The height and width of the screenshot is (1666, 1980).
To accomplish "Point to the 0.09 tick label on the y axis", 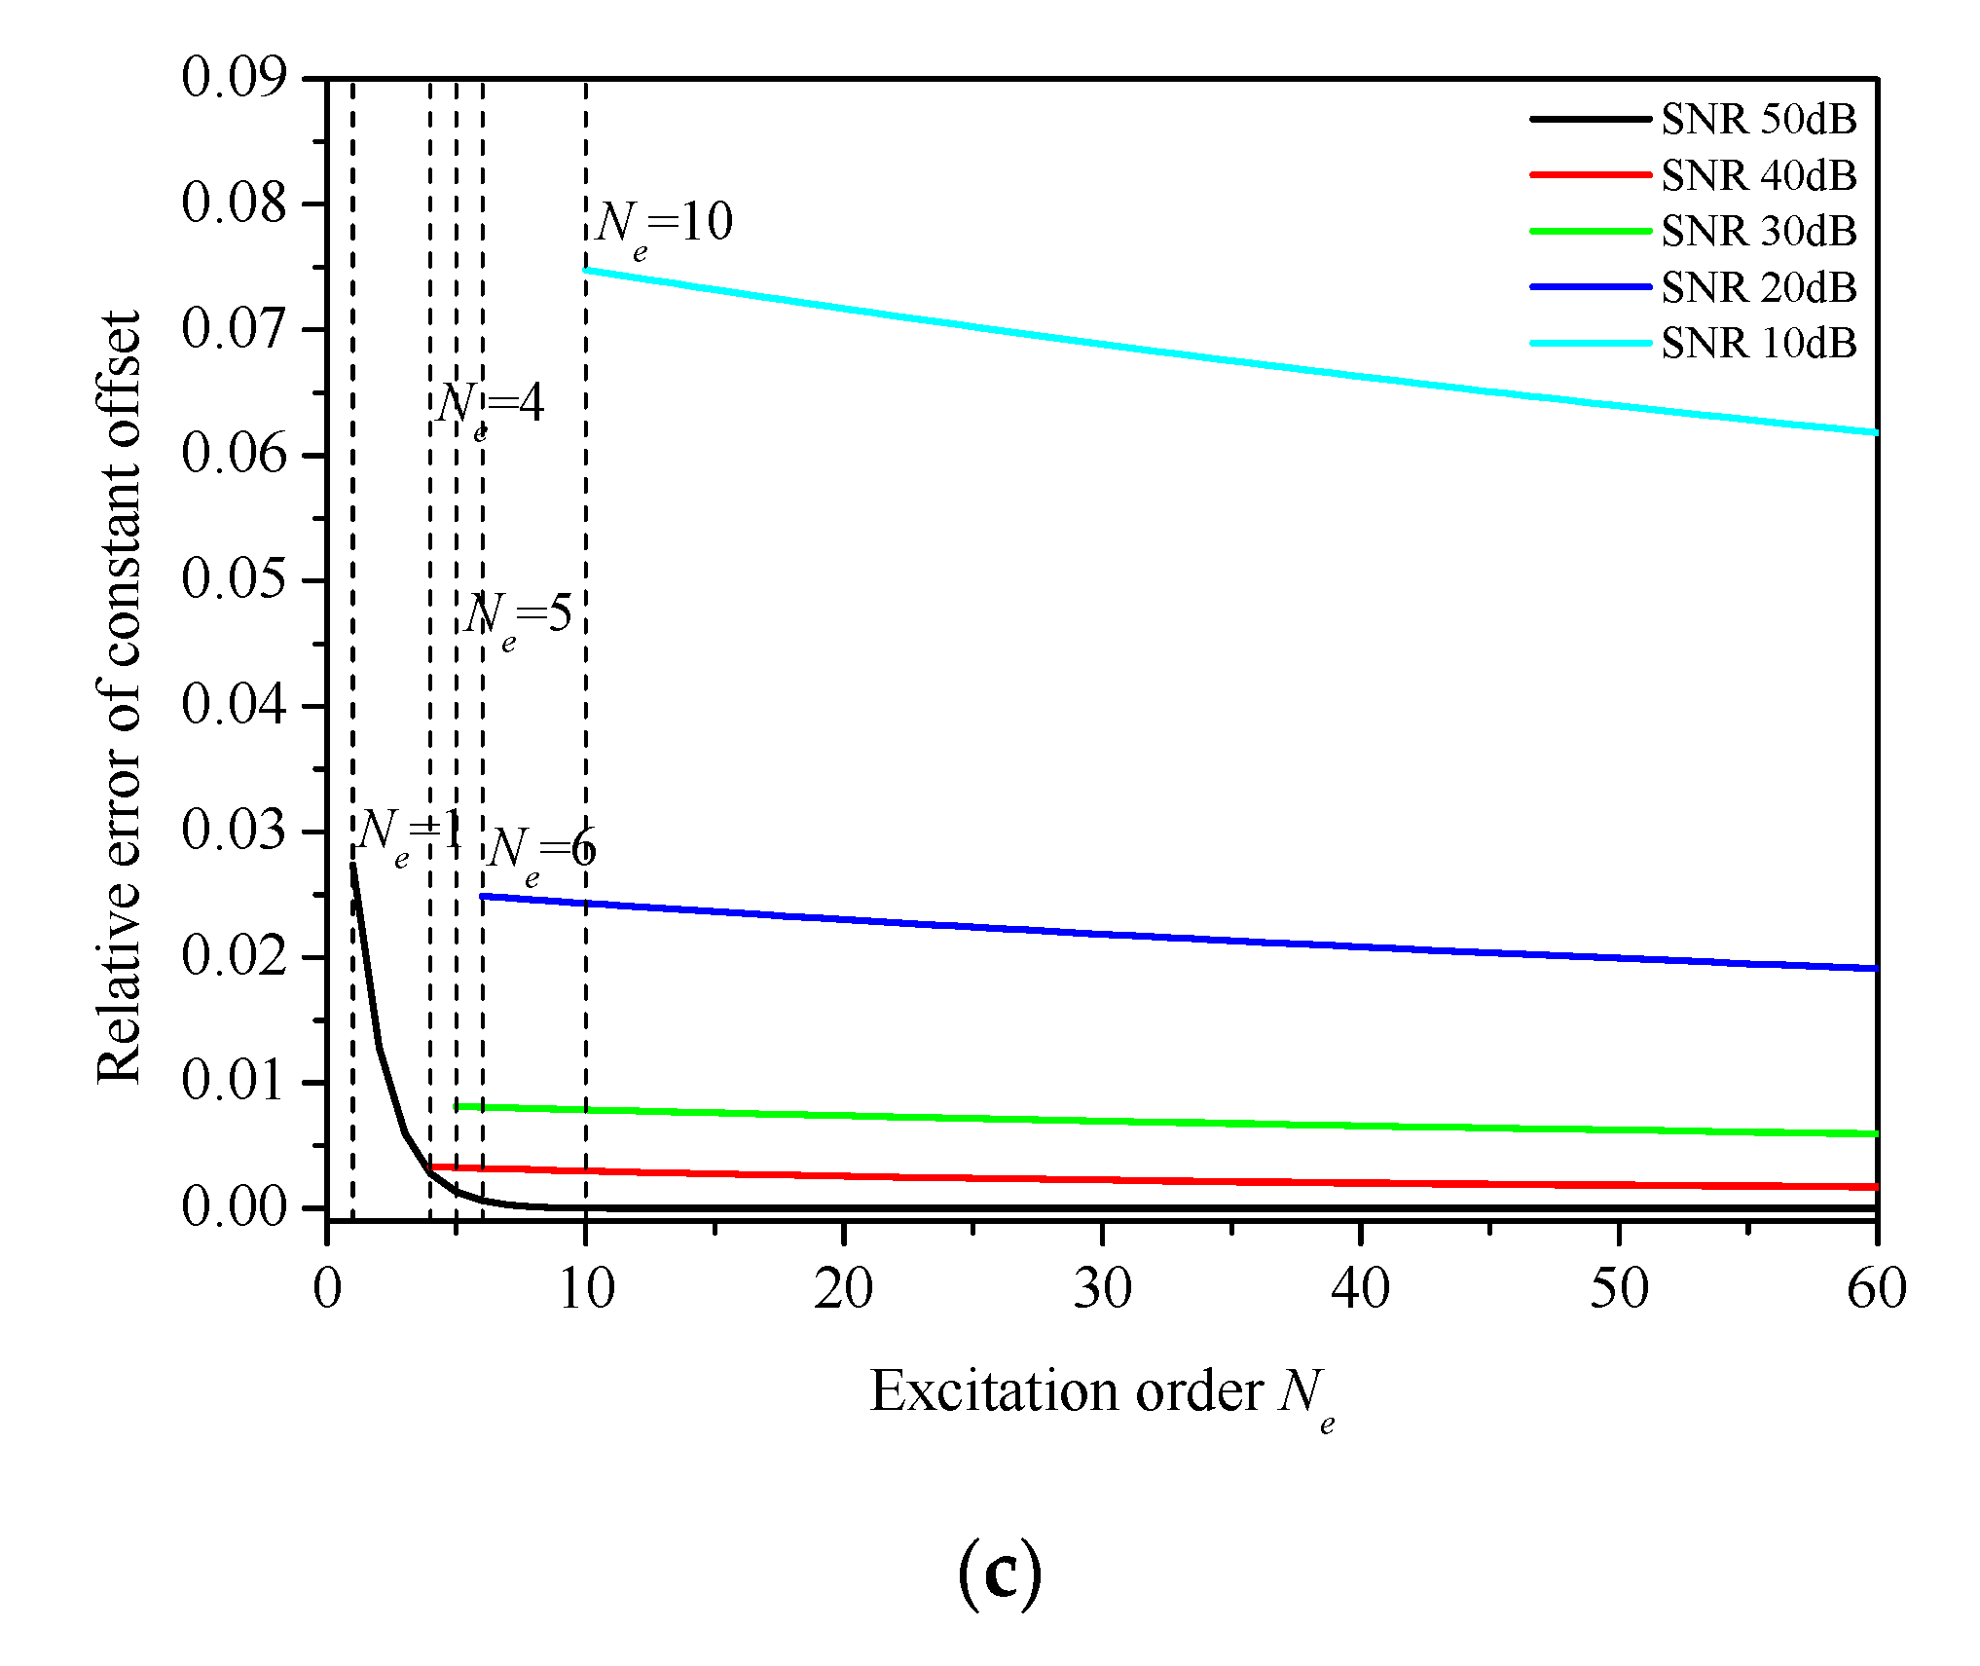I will tap(235, 77).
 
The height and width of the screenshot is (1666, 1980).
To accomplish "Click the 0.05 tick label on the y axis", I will tap(235, 579).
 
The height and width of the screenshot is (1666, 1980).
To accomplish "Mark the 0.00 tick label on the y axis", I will tap(235, 1207).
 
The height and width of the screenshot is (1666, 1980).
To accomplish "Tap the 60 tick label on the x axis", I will tap(1877, 1290).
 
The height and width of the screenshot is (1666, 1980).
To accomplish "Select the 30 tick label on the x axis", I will tap(1102, 1290).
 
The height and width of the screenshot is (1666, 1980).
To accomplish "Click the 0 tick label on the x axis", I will tap(328, 1290).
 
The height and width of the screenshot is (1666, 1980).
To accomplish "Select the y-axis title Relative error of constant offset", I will tap(120, 697).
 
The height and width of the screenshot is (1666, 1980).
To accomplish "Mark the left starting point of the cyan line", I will tap(586, 270).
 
